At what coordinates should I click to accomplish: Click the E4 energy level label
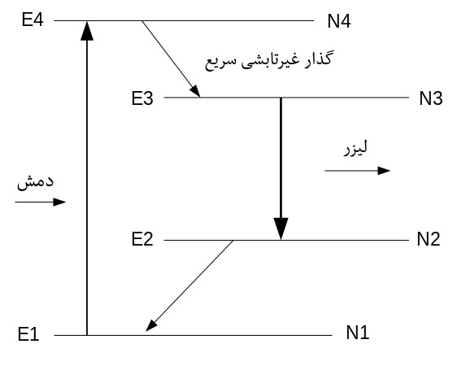pos(33,20)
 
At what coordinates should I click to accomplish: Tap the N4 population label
pos(339,21)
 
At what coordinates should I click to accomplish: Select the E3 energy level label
pos(142,98)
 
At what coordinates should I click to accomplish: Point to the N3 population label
pos(431,98)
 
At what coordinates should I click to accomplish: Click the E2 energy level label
pos(142,239)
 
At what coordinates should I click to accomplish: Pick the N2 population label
pos(429,239)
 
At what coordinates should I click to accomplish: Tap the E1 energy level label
pos(28,334)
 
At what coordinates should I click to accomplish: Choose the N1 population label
pos(358,333)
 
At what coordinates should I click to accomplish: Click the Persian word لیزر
pos(355,148)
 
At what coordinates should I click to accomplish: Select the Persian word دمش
pos(35,181)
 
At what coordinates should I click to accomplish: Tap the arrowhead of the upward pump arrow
pos(87,31)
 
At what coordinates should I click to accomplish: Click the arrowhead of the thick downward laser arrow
pos(281,229)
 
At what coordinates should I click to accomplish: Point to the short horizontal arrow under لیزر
pos(358,171)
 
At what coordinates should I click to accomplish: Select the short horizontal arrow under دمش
pos(41,202)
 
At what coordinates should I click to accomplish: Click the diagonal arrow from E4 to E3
pos(171,59)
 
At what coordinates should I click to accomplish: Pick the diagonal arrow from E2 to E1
pos(189,285)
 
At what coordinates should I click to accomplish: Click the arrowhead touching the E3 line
pos(195,91)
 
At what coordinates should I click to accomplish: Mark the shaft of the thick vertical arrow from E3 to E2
pos(281,158)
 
